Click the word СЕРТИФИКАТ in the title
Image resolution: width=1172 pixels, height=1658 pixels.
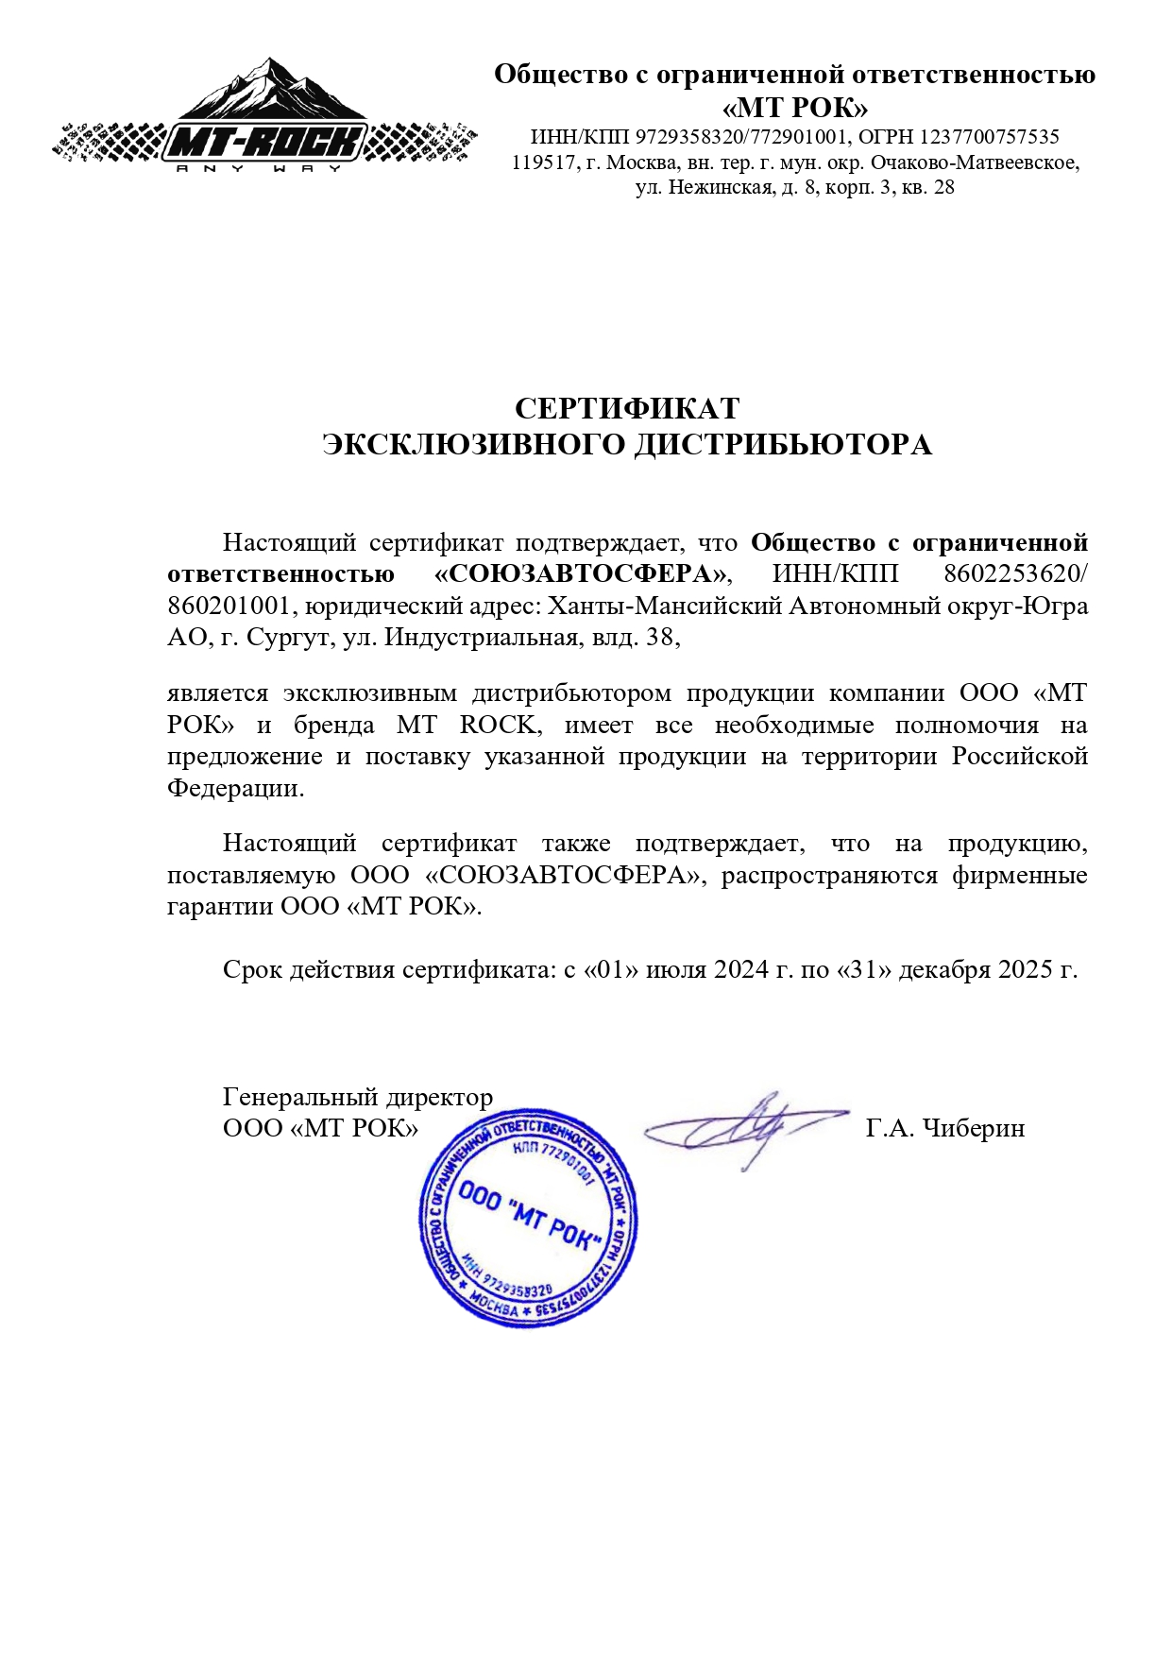pyautogui.click(x=627, y=408)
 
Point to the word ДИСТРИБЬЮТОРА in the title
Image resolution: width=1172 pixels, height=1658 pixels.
pyautogui.click(x=782, y=444)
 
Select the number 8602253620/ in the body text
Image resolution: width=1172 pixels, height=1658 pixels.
pyautogui.click(x=1016, y=574)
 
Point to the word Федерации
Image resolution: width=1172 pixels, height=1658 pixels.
pyautogui.click(x=235, y=788)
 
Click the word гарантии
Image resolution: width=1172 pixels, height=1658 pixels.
pyautogui.click(x=219, y=906)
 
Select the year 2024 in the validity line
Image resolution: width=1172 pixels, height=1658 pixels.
pyautogui.click(x=741, y=969)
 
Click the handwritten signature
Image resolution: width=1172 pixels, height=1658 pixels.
pyautogui.click(x=746, y=1126)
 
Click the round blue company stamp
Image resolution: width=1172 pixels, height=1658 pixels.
pyautogui.click(x=528, y=1219)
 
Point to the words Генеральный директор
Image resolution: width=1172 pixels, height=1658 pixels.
pyautogui.click(x=357, y=1097)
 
